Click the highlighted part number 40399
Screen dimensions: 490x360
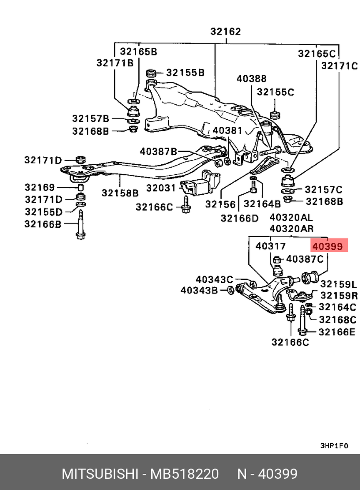coord(327,246)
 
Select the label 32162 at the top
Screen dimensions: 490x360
coord(225,32)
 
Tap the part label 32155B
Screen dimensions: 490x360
coord(185,73)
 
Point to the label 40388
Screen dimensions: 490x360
coord(252,79)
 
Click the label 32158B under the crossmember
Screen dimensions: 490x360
coord(120,193)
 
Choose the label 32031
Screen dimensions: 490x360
coord(161,188)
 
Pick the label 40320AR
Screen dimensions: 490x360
coord(291,229)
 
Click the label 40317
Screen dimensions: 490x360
coord(271,246)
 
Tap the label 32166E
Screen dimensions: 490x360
coord(337,332)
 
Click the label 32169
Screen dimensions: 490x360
coord(40,187)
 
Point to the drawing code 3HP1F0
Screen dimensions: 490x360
coord(333,445)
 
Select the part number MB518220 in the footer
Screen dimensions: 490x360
coord(185,474)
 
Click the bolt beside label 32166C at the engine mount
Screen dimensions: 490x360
coord(185,204)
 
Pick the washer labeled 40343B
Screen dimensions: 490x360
coord(230,290)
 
